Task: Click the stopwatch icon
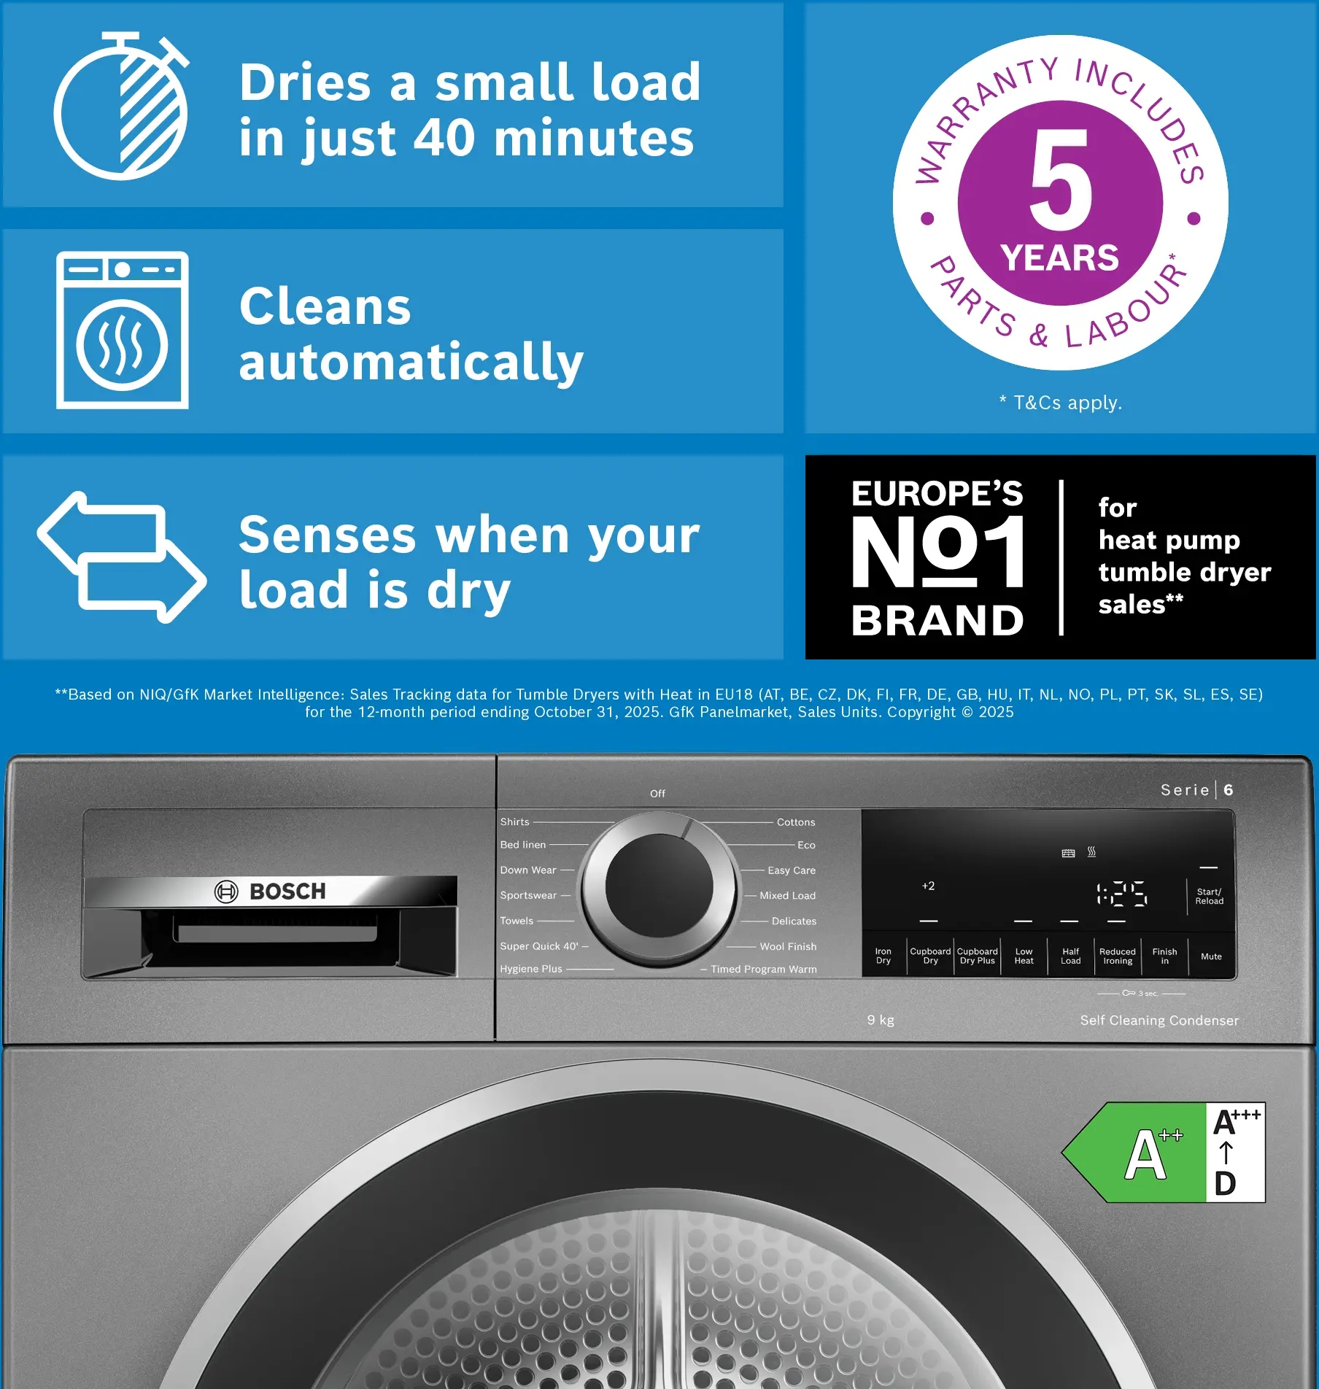pyautogui.click(x=121, y=107)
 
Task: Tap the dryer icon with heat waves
pyautogui.click(x=123, y=330)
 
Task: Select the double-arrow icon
pyautogui.click(x=122, y=557)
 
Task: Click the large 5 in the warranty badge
pyautogui.click(x=1061, y=179)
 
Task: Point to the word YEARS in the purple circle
pyautogui.click(x=1060, y=258)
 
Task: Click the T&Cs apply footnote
pyautogui.click(x=1060, y=402)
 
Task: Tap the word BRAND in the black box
pyautogui.click(x=937, y=620)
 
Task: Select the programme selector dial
pyautogui.click(x=659, y=890)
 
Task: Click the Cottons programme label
pyautogui.click(x=796, y=822)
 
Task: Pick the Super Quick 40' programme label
pyautogui.click(x=539, y=946)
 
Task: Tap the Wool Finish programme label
pyautogui.click(x=788, y=946)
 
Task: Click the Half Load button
pyautogui.click(x=1070, y=956)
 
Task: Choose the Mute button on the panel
pyautogui.click(x=1211, y=956)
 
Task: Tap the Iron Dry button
pyautogui.click(x=883, y=956)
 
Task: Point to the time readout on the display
pyautogui.click(x=1121, y=894)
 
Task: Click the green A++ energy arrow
pyautogui.click(x=1134, y=1153)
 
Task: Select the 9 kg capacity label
pyautogui.click(x=881, y=1020)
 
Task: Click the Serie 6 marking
pyautogui.click(x=1197, y=790)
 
